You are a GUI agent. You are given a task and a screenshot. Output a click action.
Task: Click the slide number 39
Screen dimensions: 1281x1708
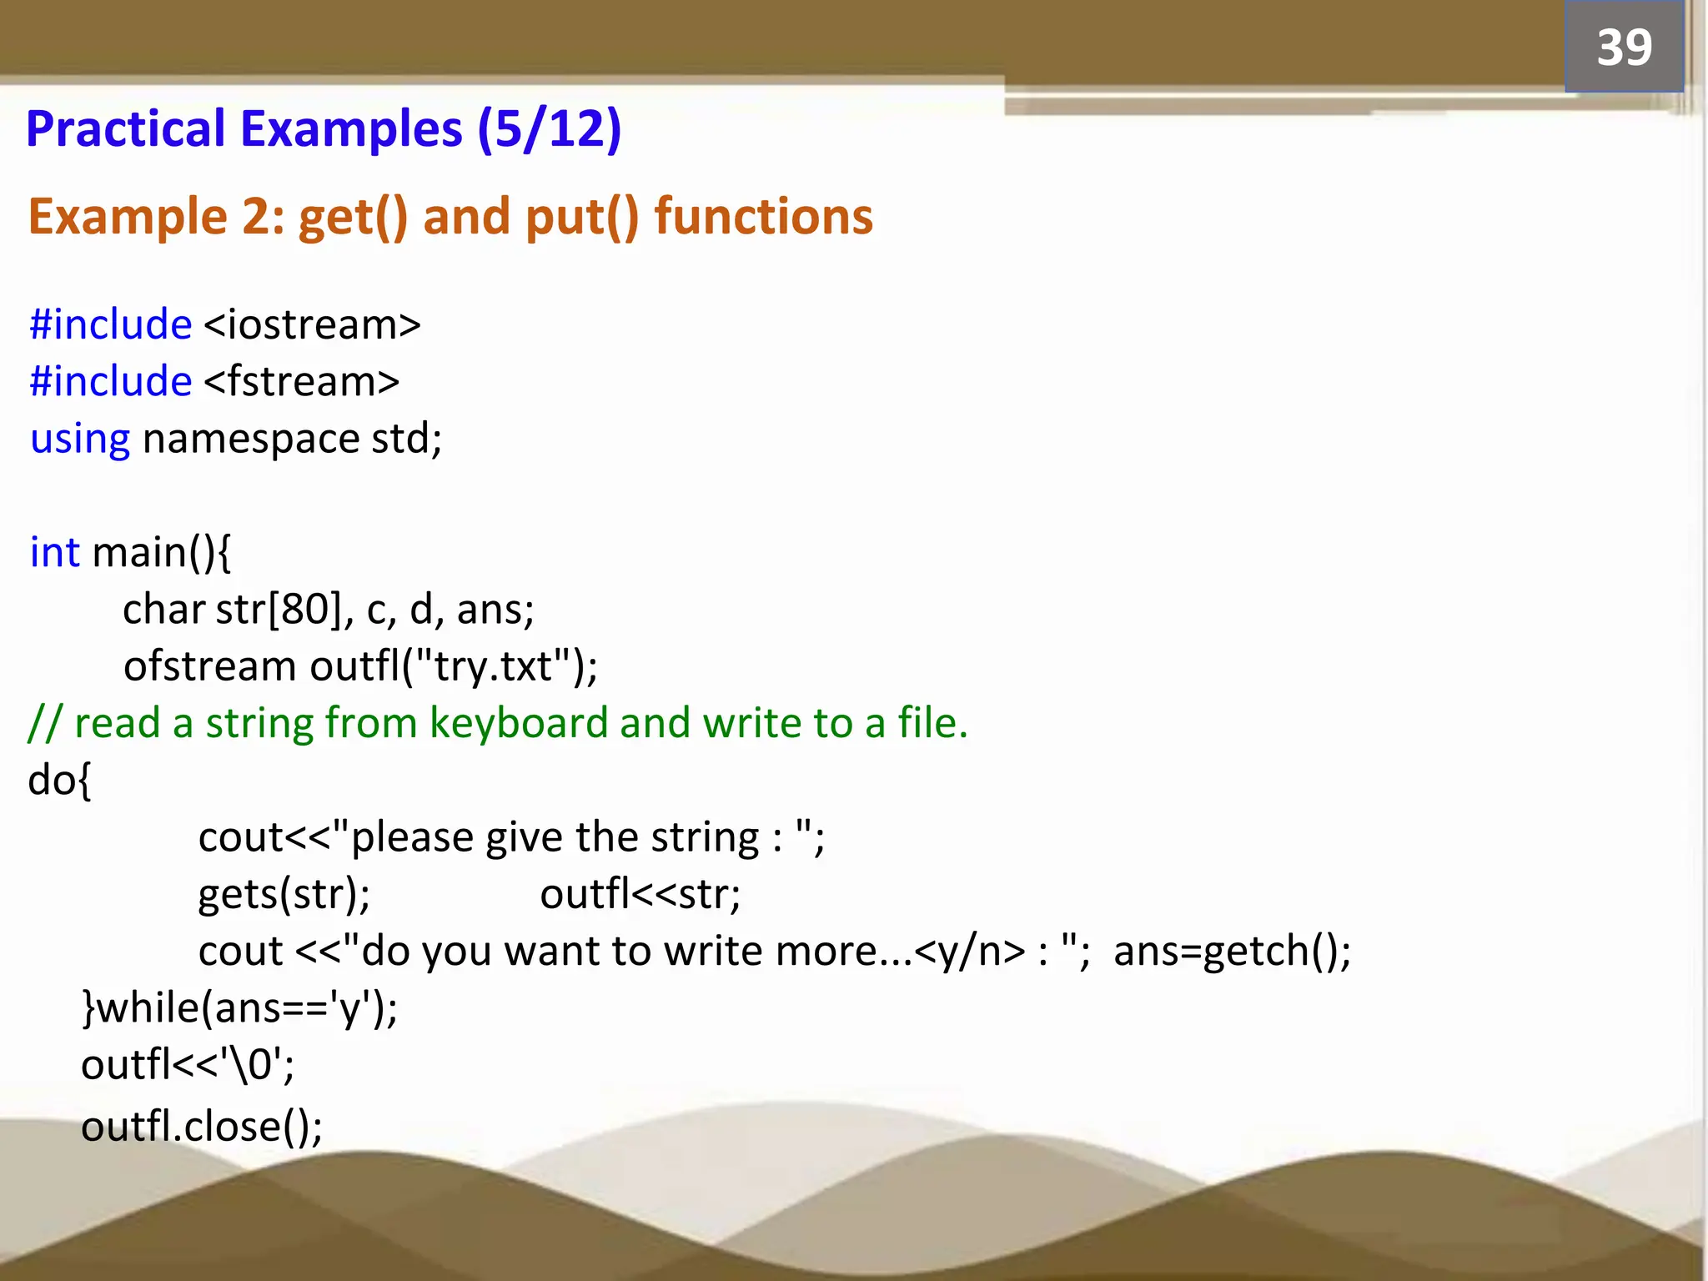[1624, 47]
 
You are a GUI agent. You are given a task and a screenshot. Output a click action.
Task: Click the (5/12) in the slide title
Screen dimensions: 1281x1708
[550, 129]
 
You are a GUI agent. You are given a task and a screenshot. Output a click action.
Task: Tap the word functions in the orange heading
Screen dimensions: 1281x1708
[763, 217]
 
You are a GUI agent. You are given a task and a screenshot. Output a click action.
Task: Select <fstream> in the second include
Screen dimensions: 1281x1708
[301, 381]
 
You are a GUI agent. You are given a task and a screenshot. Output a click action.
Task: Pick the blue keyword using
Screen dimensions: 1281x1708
[80, 440]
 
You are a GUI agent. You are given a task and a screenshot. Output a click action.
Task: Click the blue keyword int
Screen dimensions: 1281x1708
[55, 552]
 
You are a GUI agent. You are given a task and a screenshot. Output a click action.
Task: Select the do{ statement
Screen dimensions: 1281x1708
[59, 781]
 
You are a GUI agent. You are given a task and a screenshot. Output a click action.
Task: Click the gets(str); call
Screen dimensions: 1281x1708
[284, 895]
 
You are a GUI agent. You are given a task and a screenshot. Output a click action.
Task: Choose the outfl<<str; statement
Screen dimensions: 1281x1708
[640, 895]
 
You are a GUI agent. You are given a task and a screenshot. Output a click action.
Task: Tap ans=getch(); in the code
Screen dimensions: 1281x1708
[1232, 952]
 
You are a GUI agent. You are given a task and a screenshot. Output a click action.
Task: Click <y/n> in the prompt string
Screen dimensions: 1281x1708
[969, 952]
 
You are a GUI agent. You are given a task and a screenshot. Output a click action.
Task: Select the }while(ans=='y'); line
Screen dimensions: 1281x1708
[240, 1008]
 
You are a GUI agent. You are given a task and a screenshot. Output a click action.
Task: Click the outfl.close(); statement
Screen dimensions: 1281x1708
[202, 1127]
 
